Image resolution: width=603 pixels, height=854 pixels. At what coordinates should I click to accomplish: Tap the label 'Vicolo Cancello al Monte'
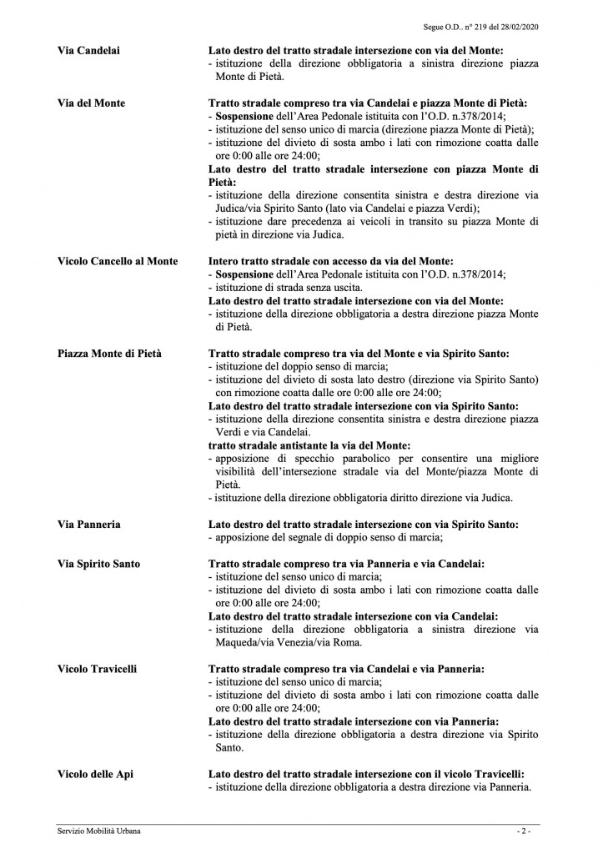point(118,261)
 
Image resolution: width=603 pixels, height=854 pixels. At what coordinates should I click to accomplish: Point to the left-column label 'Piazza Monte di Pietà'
point(110,354)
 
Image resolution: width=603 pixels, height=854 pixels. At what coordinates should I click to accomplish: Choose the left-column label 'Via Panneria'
point(89,524)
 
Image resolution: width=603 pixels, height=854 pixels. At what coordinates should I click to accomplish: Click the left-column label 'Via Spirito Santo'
point(99,564)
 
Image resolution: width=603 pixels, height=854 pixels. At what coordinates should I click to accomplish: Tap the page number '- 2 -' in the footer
point(523,831)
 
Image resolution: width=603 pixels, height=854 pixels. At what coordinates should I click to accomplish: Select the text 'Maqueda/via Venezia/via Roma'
point(287,642)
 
